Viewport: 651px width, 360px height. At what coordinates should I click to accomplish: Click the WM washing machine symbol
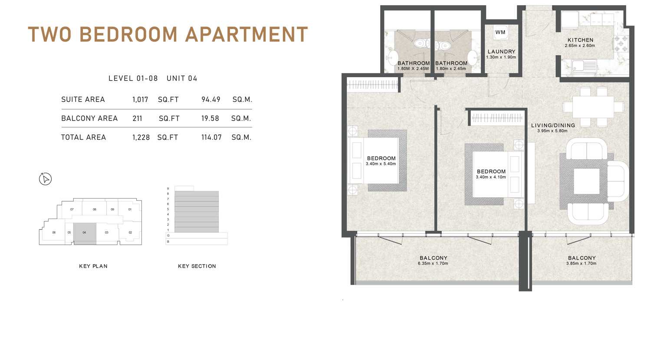click(500, 32)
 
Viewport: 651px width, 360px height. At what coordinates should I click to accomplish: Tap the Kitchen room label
click(580, 40)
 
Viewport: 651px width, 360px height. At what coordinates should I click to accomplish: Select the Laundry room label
click(501, 52)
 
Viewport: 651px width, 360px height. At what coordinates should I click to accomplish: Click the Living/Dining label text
click(553, 125)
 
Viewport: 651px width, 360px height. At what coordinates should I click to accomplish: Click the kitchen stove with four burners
click(621, 44)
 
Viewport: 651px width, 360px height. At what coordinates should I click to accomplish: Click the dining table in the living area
click(593, 107)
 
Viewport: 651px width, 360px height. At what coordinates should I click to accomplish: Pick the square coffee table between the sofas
click(586, 181)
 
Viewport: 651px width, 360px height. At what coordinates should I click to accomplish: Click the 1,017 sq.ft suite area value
click(140, 100)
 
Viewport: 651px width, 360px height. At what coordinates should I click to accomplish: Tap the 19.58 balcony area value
click(210, 118)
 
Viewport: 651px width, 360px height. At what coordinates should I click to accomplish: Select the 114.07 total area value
click(211, 137)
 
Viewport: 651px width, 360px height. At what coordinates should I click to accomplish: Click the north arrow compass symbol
click(45, 179)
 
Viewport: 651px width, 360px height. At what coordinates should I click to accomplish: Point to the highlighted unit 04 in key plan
click(85, 234)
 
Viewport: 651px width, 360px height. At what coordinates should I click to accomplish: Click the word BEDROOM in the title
click(128, 34)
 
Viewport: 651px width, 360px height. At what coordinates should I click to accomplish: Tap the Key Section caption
click(197, 266)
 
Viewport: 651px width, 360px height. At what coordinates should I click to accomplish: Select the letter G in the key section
click(168, 236)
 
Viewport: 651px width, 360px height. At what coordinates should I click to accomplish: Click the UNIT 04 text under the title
click(182, 79)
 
